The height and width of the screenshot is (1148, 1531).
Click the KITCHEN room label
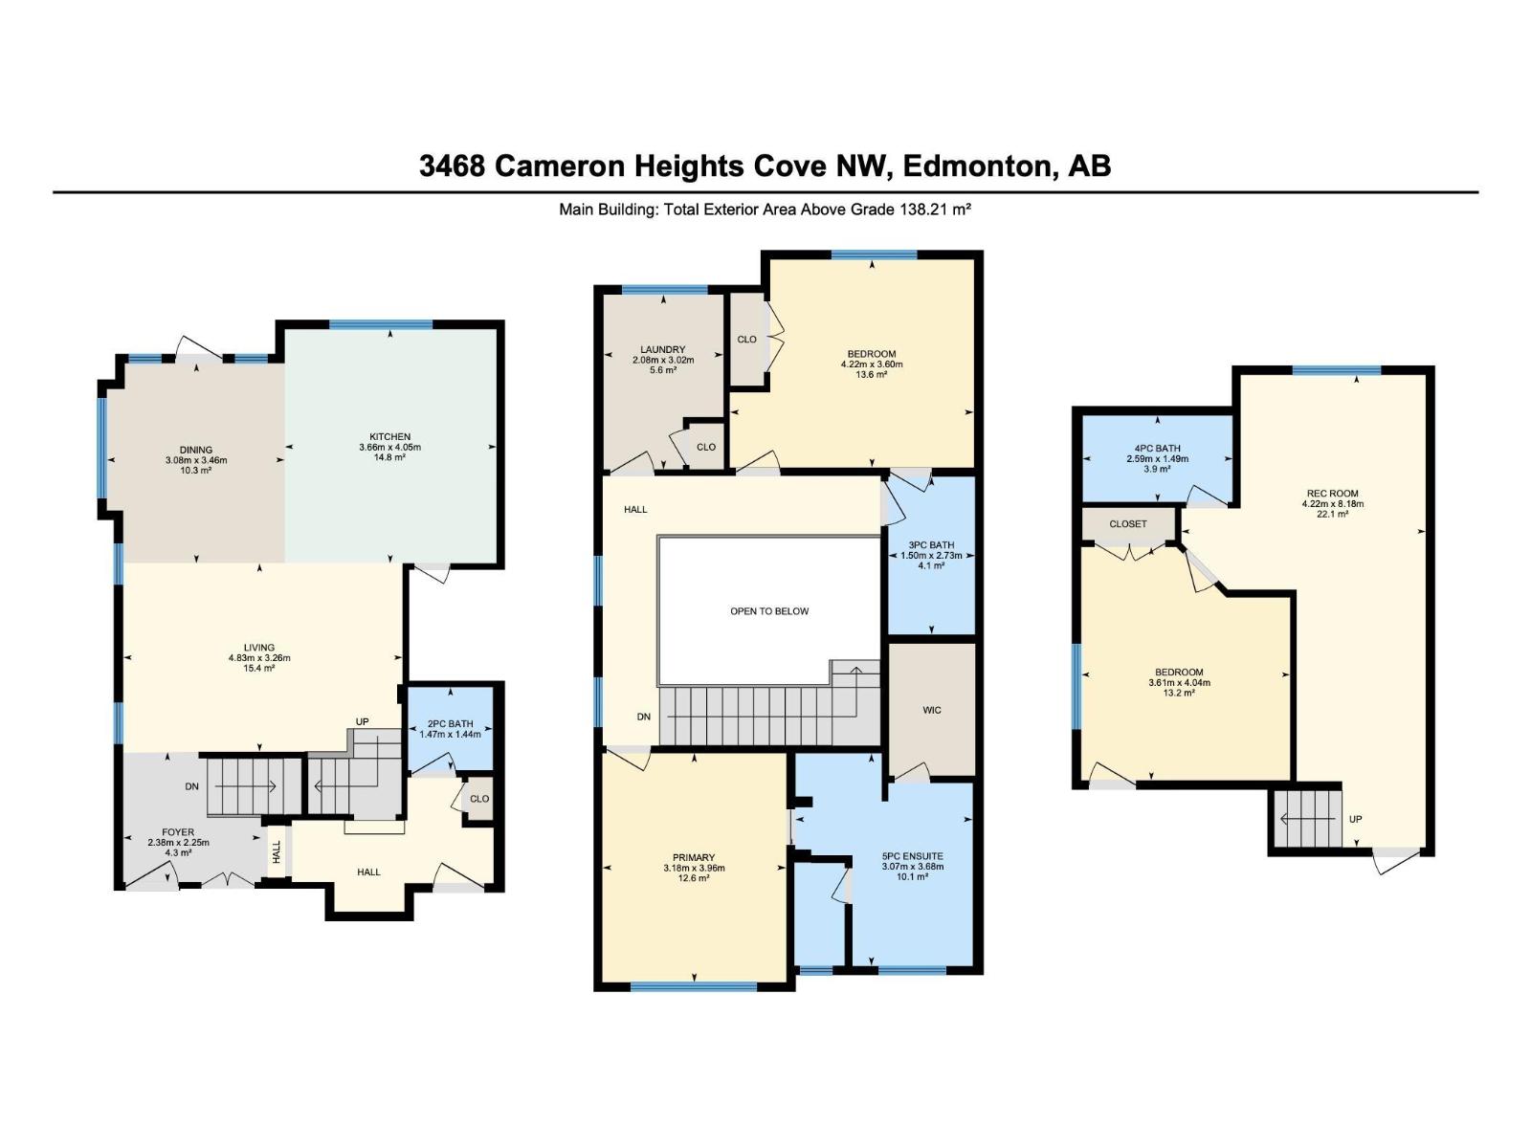(389, 437)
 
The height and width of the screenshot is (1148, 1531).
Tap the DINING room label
(196, 451)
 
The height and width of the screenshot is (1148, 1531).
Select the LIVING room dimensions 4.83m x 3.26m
(259, 658)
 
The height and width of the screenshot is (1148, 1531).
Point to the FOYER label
(178, 832)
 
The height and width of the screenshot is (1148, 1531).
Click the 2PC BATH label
(451, 724)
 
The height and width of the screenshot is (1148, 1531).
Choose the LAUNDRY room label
(662, 350)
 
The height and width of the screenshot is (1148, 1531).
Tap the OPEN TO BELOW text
(769, 611)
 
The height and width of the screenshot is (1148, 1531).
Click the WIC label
(932, 710)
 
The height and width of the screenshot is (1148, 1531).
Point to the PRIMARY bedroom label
(694, 857)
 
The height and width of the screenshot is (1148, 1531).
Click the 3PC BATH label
(931, 545)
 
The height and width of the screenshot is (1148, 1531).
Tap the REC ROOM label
(1333, 494)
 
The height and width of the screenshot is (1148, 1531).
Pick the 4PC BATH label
(1158, 448)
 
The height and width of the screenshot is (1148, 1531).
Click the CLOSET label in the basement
(1128, 523)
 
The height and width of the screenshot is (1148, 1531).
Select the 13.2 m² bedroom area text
(1179, 694)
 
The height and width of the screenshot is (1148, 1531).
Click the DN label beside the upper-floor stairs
(644, 717)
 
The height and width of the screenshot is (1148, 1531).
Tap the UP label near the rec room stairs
(1355, 819)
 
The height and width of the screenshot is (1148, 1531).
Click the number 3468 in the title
(452, 166)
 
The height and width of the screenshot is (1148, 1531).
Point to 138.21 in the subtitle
(922, 210)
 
